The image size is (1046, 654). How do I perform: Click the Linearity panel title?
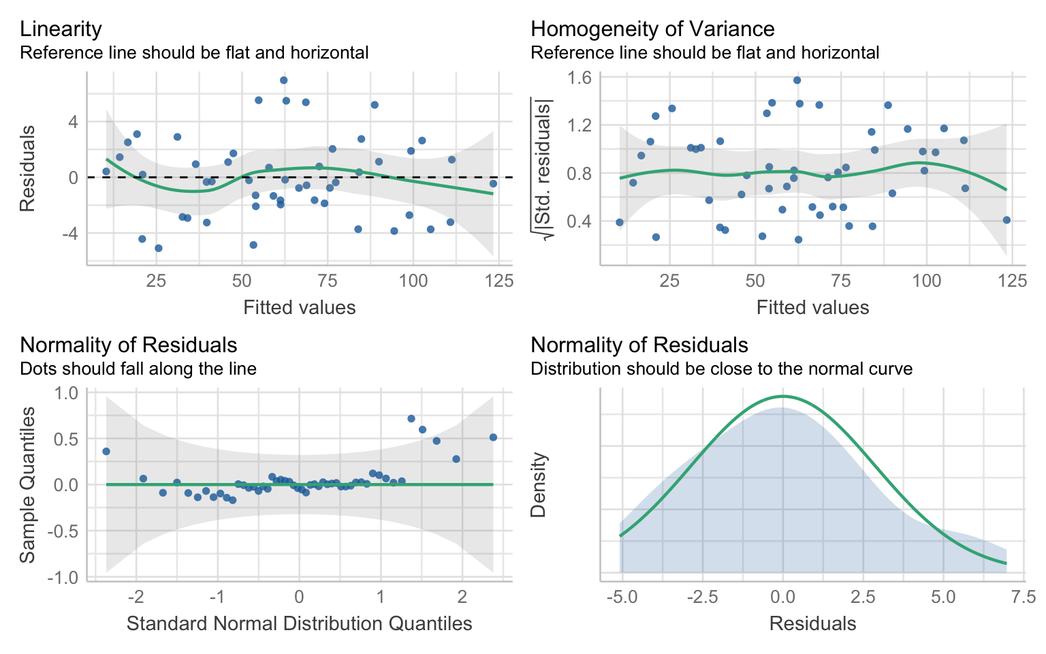[x=61, y=29]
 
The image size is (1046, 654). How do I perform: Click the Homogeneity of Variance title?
[x=652, y=29]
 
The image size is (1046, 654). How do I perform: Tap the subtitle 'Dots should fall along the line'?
[x=138, y=369]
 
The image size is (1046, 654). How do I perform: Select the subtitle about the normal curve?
[x=721, y=369]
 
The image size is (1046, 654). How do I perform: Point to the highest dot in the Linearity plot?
[x=283, y=80]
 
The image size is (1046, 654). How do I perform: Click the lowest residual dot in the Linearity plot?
[x=159, y=248]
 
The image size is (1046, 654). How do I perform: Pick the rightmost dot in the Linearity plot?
[x=493, y=183]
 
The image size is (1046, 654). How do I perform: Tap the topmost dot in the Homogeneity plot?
[x=797, y=80]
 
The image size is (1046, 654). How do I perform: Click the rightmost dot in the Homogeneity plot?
[x=1007, y=220]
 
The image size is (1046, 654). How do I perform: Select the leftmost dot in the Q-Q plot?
[x=106, y=451]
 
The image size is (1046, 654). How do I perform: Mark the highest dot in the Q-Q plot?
[x=411, y=418]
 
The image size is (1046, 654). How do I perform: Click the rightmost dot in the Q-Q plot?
[x=493, y=437]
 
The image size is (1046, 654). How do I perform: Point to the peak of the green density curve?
[x=782, y=396]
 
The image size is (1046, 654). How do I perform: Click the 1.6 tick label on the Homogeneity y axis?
[x=579, y=78]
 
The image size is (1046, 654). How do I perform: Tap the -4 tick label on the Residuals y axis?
[x=71, y=233]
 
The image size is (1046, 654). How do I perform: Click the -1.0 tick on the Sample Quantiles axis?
[x=63, y=578]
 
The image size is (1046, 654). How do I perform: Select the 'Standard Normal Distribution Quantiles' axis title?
[x=300, y=623]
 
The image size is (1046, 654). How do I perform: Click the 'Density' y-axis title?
[x=539, y=485]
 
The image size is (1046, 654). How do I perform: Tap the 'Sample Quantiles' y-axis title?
[x=27, y=485]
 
